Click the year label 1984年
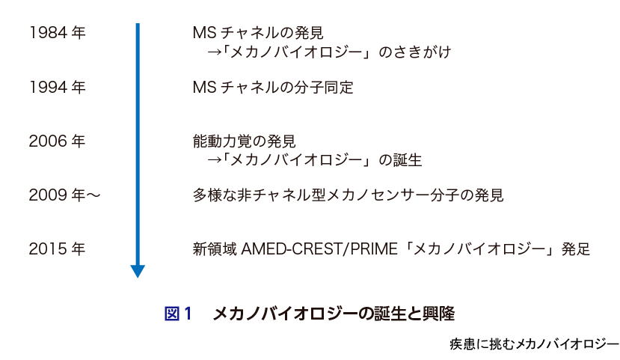[57, 34]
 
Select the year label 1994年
[57, 88]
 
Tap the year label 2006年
[57, 141]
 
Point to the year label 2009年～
[64, 195]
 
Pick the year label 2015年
[57, 249]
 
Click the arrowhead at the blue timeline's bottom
[138, 270]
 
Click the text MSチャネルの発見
[258, 34]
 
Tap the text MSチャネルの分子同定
[272, 88]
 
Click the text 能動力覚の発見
[244, 141]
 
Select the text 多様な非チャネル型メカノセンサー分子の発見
[348, 195]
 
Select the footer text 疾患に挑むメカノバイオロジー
[534, 344]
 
